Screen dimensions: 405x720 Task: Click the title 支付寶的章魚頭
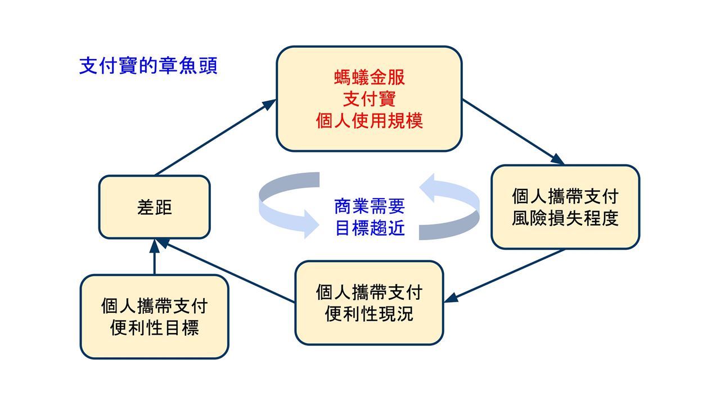148,66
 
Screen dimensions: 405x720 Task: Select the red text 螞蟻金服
369,78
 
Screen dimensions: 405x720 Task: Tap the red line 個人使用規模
369,121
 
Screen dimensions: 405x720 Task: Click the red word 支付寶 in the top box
369,100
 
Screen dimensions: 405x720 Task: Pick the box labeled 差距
154,207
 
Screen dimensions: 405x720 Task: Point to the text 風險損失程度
565,218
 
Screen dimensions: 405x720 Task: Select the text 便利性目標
154,327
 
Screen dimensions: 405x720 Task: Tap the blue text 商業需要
369,207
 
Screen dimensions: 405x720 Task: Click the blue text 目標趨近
369,229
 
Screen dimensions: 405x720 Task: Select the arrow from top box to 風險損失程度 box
513,132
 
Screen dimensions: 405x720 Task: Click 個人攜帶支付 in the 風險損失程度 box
565,196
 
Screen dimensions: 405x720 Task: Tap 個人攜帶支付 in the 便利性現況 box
369,292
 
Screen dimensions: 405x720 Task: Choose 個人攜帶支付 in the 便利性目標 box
154,306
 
